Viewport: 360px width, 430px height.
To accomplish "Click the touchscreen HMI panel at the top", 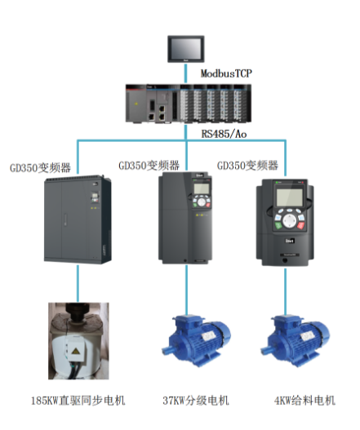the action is [x=186, y=49].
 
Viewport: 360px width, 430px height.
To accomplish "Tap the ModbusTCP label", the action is [x=226, y=73].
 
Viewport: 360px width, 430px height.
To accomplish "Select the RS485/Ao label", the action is [x=224, y=134].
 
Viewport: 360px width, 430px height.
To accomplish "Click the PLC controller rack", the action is [x=189, y=104].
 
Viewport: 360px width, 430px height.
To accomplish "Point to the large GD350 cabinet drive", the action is [x=78, y=219].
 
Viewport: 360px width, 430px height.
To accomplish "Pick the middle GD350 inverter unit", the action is [x=185, y=218].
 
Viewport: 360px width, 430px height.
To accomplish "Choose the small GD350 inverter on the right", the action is [x=285, y=223].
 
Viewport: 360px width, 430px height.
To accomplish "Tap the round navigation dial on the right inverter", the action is [x=289, y=221].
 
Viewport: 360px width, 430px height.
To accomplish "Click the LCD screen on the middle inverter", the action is [x=201, y=188].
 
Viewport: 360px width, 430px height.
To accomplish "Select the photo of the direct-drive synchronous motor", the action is [x=78, y=341].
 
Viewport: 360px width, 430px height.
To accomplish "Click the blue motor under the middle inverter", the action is [x=196, y=340].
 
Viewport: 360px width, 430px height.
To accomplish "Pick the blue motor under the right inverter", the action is [x=295, y=340].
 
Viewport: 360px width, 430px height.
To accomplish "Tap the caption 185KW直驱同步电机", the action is [x=78, y=401].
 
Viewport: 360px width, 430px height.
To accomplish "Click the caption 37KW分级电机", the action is [x=196, y=401].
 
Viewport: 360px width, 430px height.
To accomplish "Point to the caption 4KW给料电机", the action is [x=304, y=401].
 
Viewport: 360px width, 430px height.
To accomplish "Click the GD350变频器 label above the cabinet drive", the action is [x=40, y=167].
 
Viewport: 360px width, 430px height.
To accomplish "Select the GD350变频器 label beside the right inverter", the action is [x=247, y=166].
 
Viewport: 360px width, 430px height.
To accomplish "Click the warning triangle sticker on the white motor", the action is [x=74, y=352].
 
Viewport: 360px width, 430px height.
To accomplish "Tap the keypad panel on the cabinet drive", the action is [x=95, y=198].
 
